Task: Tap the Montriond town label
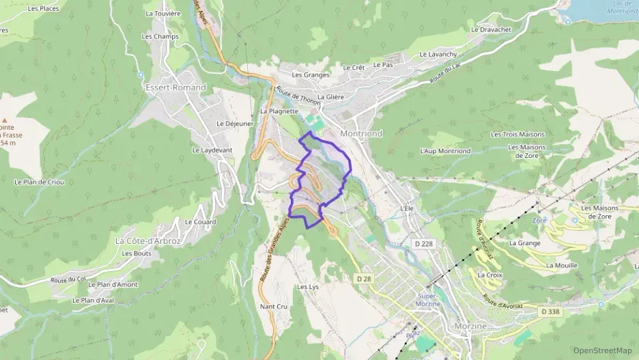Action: (360, 133)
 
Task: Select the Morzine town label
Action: (470, 327)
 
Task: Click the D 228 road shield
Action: (423, 243)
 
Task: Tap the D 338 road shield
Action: (550, 311)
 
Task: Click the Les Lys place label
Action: (308, 287)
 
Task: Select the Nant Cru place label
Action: (274, 306)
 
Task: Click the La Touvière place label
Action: (162, 13)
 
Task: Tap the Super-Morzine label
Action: (427, 299)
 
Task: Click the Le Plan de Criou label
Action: (39, 182)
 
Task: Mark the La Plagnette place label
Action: (279, 111)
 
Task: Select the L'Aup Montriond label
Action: (445, 151)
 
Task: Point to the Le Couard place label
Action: (200, 222)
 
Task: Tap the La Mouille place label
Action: (562, 265)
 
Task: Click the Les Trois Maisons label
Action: (518, 135)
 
